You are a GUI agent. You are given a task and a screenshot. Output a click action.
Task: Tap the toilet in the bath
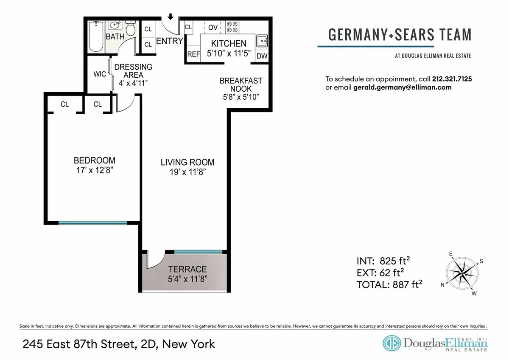[131, 28]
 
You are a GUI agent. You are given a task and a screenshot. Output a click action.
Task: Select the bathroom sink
[115, 25]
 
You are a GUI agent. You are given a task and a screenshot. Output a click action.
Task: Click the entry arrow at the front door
[170, 17]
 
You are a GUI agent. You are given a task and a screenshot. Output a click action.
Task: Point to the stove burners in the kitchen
[232, 28]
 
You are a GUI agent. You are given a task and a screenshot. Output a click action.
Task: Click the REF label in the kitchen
[193, 54]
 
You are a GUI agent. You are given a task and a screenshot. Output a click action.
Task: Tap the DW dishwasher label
[262, 55]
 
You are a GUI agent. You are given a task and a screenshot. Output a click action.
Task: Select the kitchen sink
[262, 42]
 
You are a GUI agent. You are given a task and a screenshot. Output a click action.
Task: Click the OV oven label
[213, 28]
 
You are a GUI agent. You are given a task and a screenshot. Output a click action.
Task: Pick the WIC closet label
[100, 74]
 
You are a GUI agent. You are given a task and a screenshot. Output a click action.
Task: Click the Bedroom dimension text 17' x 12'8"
[94, 170]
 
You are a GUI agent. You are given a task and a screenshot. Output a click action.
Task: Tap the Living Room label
[187, 162]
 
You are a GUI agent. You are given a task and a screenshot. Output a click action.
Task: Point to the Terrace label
[187, 269]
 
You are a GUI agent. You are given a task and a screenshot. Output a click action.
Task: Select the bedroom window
[92, 222]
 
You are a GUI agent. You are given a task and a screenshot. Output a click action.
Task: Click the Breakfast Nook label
[241, 84]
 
